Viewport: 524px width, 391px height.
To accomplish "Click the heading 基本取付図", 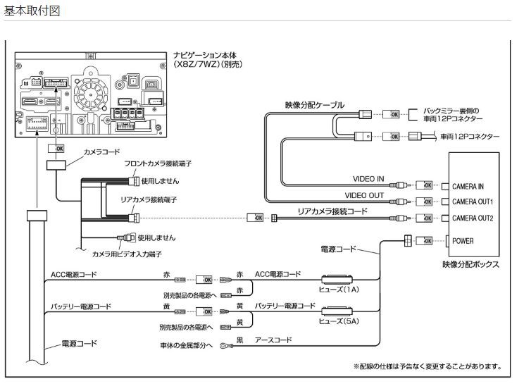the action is pos(32,11).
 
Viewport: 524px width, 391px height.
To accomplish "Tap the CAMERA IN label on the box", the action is pos(468,187).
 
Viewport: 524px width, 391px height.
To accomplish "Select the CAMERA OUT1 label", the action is pos(473,202).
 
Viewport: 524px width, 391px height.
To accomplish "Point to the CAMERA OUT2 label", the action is pos(473,218).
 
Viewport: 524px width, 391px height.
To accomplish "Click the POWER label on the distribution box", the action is pos(463,241).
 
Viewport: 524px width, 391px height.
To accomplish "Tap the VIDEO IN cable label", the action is pos(368,179).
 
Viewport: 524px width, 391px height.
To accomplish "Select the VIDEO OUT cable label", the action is pos(364,196).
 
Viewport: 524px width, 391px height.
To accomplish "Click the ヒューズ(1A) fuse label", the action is pos(339,290).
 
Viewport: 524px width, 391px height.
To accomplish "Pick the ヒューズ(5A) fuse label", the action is pos(339,321).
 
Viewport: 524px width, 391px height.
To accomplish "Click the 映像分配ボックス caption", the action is pos(471,264).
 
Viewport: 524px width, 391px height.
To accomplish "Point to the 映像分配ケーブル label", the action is pos(314,105).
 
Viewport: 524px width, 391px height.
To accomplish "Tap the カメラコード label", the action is pos(101,151).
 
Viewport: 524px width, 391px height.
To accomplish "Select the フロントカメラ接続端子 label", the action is pos(158,163).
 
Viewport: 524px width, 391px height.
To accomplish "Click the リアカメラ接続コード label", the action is pos(332,211).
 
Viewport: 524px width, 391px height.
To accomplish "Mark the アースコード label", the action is pos(273,340).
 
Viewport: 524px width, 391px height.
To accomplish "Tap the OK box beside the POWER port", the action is pos(424,241).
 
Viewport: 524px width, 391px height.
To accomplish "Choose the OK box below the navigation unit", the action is pos(56,149).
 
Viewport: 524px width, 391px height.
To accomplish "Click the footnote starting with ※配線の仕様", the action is pos(428,366).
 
